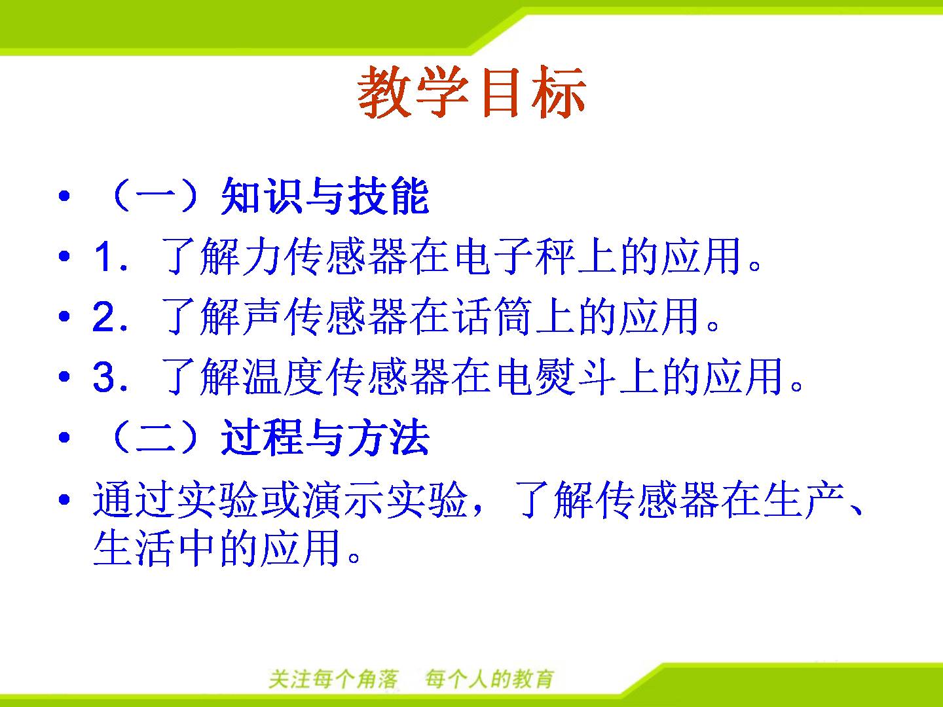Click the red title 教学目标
[x=471, y=92]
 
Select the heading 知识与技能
[x=325, y=196]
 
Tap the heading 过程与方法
[x=325, y=437]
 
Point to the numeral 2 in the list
[x=103, y=316]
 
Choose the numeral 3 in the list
[x=103, y=377]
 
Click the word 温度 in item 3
[x=284, y=377]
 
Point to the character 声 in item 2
[x=262, y=316]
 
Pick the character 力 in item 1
[x=262, y=256]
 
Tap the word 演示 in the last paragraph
[x=343, y=499]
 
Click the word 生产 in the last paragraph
[x=804, y=499]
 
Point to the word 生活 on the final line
[x=132, y=548]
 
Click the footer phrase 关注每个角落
[x=333, y=679]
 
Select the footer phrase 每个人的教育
[x=490, y=679]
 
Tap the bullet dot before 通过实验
[x=64, y=499]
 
